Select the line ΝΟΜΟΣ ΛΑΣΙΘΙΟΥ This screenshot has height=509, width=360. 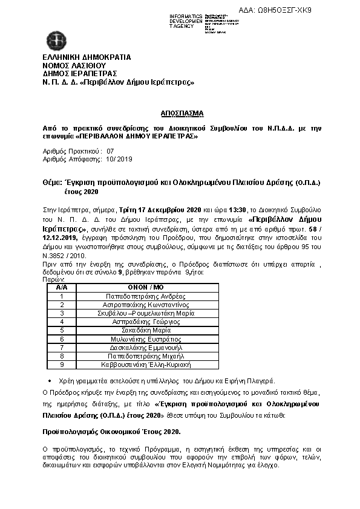tap(74, 65)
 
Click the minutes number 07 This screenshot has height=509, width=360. tap(110, 151)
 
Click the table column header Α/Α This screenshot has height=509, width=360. tap(61, 288)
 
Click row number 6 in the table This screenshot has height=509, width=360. tap(61, 339)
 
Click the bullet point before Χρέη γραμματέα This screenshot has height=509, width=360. tap(49, 381)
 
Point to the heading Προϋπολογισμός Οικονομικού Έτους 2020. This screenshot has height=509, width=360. tap(111, 432)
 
